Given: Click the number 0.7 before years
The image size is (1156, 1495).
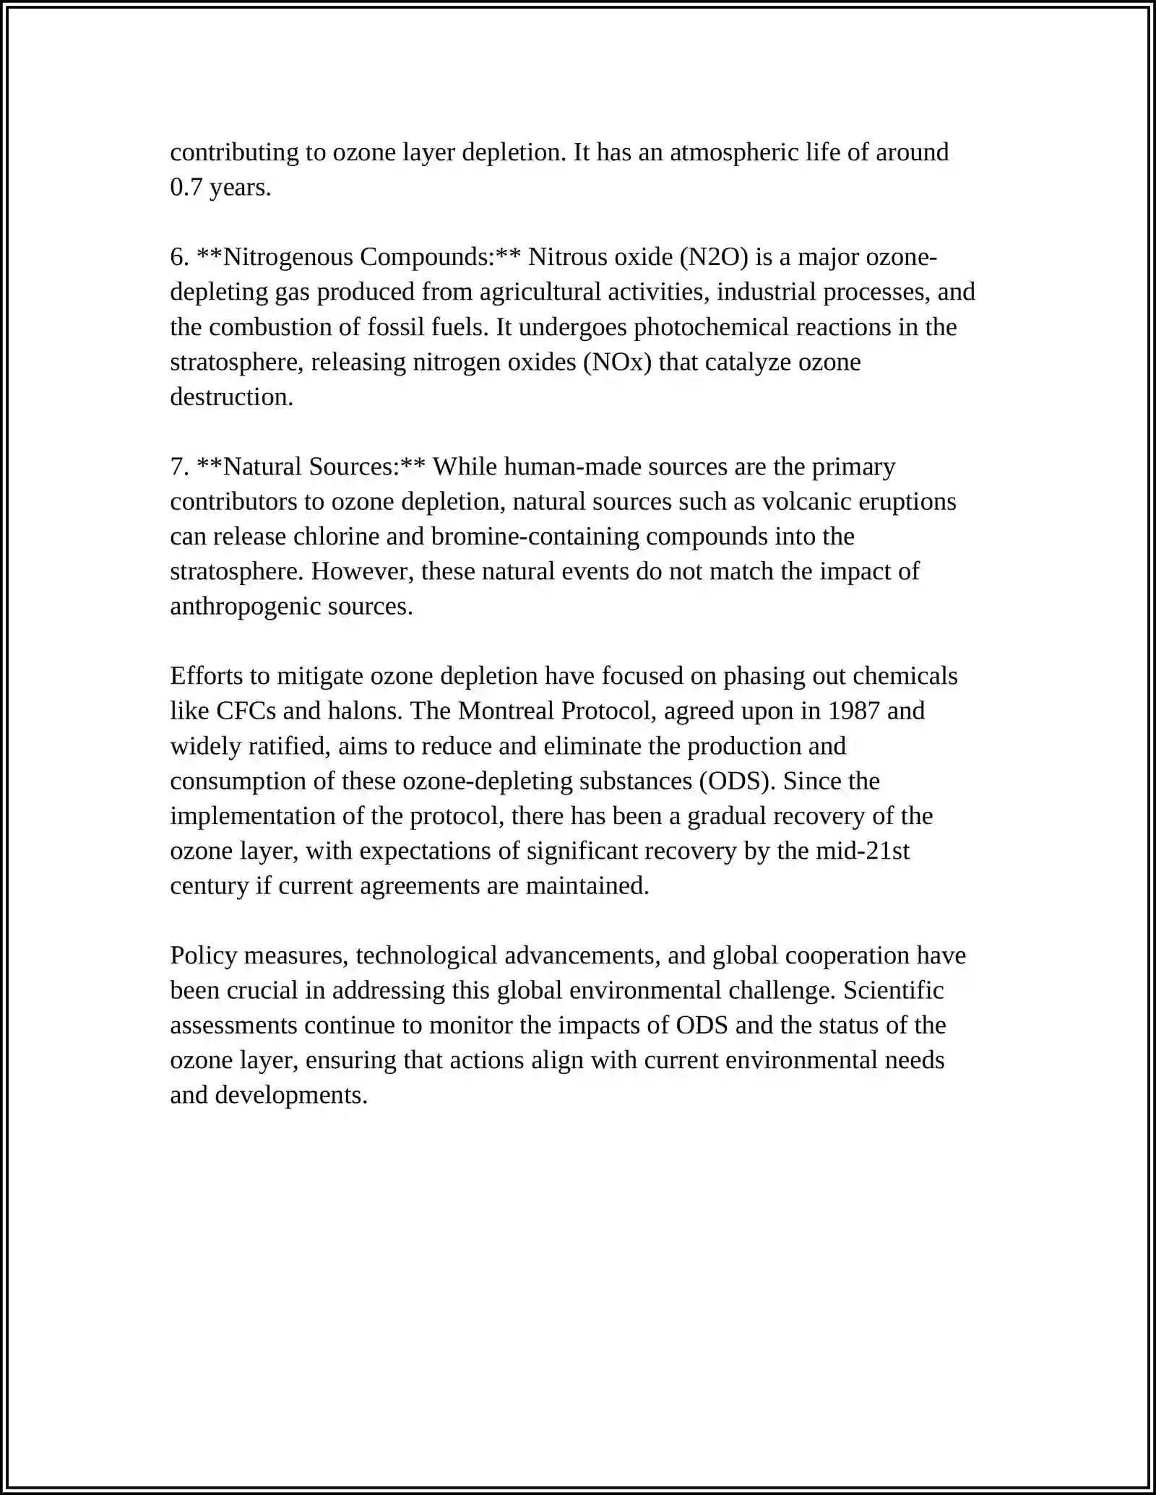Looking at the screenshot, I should [186, 188].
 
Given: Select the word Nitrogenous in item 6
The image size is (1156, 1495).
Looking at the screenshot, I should [289, 257].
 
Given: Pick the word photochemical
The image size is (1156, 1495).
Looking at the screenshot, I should [711, 327].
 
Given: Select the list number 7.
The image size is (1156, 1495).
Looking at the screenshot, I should [179, 467].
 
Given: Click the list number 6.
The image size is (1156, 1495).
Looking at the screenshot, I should [179, 257].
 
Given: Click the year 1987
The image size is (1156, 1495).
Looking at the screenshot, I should [853, 711].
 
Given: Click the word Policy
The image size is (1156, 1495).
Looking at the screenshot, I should [203, 956].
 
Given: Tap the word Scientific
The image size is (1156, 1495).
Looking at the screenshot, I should [893, 991].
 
